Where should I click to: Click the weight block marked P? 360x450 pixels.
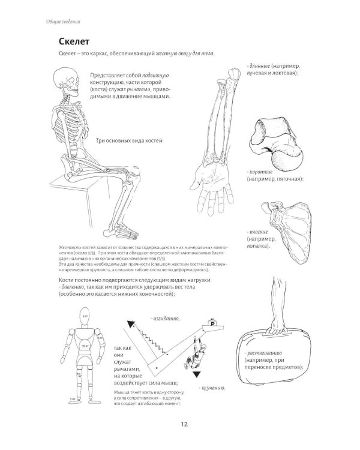click(x=211, y=324)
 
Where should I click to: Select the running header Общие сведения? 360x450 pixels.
click(x=64, y=22)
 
